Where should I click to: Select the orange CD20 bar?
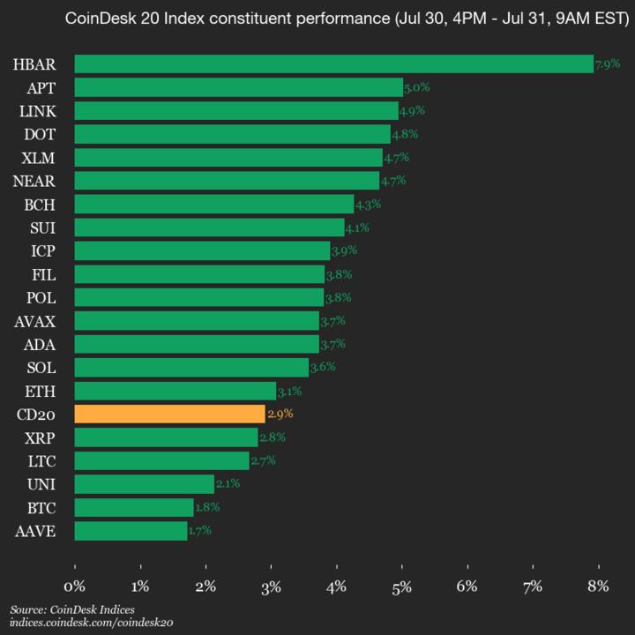(x=169, y=414)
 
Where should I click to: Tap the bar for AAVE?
(x=131, y=530)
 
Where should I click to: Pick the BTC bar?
(x=134, y=507)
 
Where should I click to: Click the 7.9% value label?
(x=608, y=64)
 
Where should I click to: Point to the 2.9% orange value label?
(x=280, y=414)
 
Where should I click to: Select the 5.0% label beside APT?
(x=416, y=87)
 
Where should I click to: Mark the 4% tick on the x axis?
(x=336, y=586)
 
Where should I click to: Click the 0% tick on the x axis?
(x=75, y=586)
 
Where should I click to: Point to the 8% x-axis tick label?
(x=598, y=586)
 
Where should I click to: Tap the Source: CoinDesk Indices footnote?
(x=66, y=609)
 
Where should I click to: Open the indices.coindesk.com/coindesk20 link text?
(x=92, y=623)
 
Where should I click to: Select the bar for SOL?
(x=191, y=367)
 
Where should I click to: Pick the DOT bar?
(x=232, y=134)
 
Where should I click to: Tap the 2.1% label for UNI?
(x=228, y=483)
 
